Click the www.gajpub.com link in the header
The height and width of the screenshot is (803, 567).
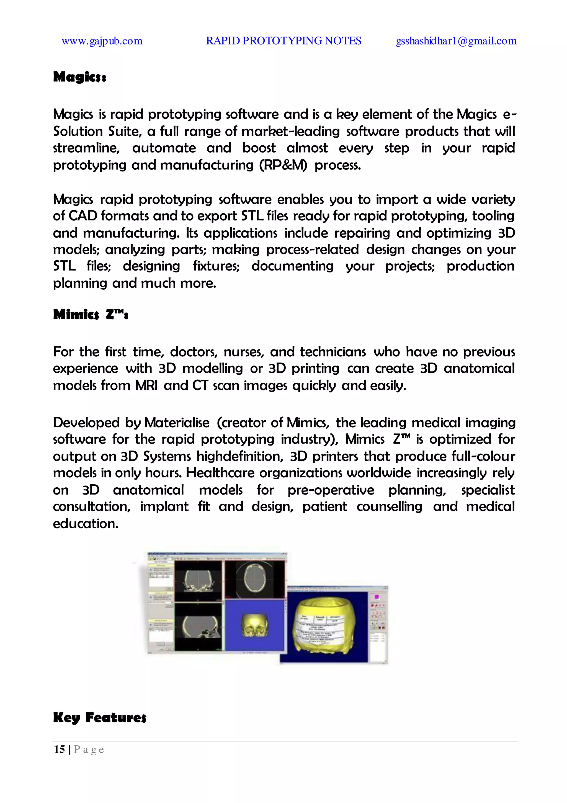point(102,41)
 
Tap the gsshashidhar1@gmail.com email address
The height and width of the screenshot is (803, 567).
point(456,41)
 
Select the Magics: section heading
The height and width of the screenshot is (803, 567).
point(79,77)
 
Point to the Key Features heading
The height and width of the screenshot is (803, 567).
point(100,717)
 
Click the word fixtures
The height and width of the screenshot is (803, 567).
point(216,266)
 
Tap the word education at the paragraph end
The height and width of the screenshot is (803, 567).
point(85,524)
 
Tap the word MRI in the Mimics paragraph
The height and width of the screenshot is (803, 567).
point(146,385)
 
